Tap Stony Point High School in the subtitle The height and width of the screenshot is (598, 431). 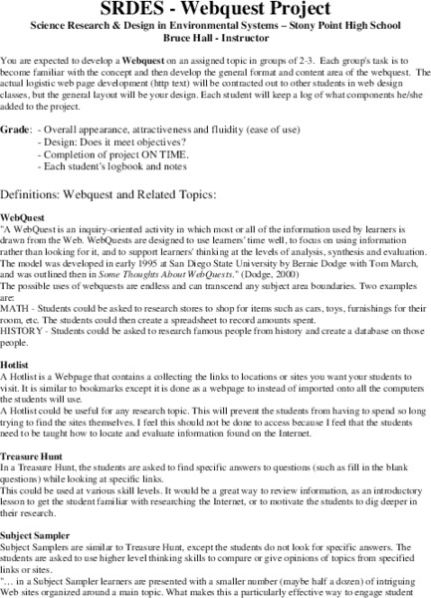coord(326,29)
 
